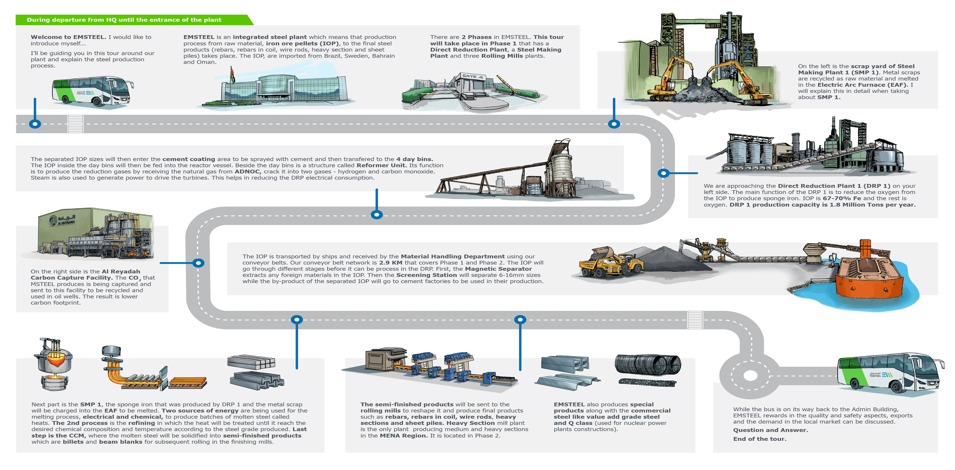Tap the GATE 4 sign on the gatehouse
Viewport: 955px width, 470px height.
(x=472, y=76)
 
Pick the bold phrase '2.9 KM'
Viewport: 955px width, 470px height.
(x=390, y=263)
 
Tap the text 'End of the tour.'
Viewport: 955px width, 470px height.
(x=759, y=439)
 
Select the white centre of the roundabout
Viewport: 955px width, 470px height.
(x=750, y=375)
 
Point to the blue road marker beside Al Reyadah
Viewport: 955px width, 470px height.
(x=199, y=263)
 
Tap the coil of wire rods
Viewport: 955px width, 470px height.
(x=647, y=365)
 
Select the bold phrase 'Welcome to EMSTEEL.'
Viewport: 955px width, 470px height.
(x=68, y=37)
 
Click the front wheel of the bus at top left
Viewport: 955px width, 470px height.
(x=98, y=101)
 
